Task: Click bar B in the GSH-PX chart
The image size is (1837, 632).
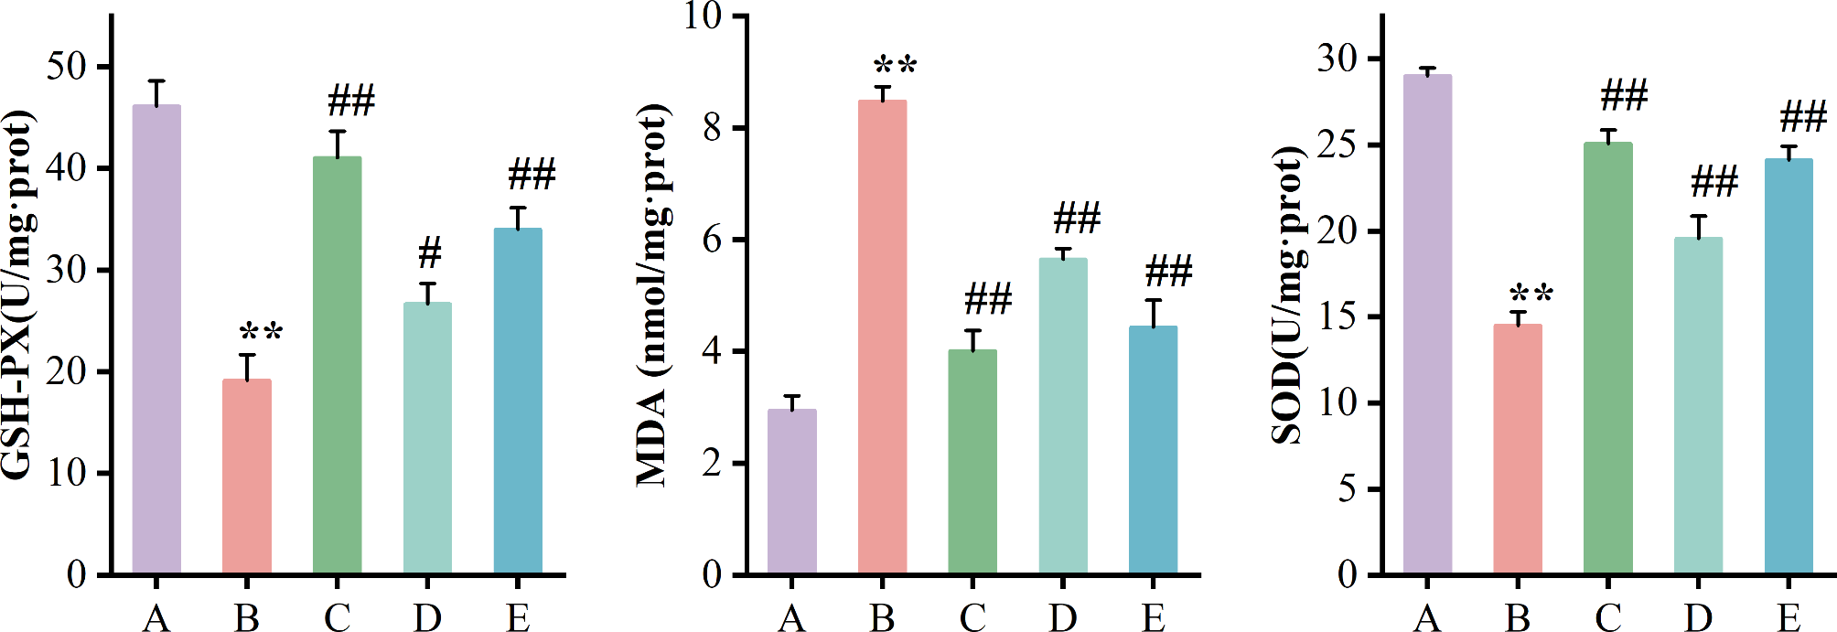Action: (247, 476)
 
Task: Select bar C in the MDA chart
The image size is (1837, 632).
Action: (972, 462)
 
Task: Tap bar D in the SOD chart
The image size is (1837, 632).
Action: (1698, 406)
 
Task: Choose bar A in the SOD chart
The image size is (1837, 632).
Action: (1427, 325)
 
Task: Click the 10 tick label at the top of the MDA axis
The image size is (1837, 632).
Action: (703, 16)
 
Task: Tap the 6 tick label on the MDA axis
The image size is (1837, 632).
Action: (713, 240)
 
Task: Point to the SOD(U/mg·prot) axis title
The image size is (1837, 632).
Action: (1287, 295)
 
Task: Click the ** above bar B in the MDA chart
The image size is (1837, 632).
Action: (894, 66)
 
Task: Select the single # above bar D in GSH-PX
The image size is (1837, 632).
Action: (429, 252)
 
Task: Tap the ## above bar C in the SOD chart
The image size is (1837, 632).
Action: (1624, 95)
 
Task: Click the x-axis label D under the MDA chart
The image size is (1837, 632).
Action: (1063, 618)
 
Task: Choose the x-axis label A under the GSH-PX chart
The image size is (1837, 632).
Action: (156, 618)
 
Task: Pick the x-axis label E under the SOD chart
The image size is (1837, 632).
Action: (1789, 618)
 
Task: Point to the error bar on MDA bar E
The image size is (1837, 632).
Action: (1154, 312)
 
